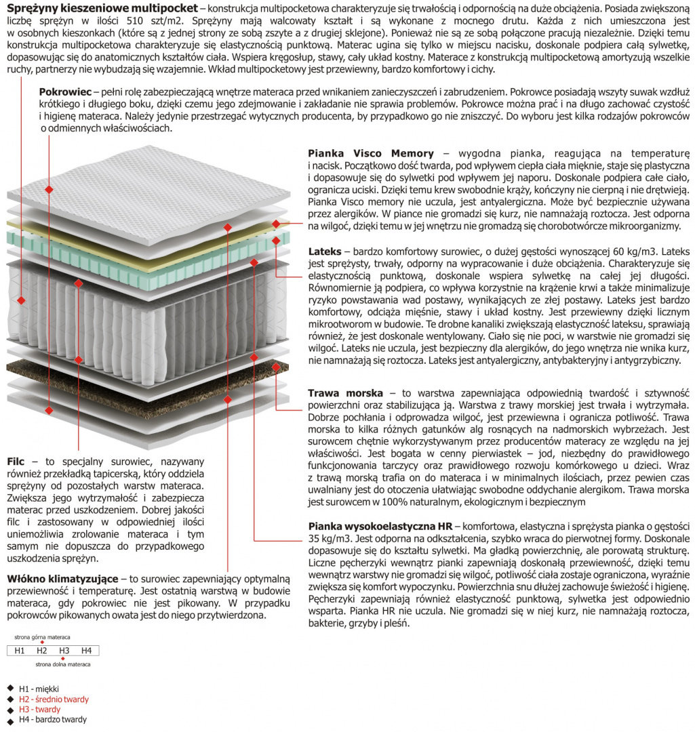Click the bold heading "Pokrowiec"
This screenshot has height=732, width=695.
(65, 91)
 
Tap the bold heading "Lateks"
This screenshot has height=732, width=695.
(324, 251)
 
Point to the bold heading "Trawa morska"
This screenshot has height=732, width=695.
(345, 393)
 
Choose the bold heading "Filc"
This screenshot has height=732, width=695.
(16, 462)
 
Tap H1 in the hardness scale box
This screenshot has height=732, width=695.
(20, 651)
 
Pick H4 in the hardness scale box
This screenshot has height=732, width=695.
(86, 651)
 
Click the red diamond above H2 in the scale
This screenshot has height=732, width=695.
(42, 643)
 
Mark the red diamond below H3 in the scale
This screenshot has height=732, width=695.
(64, 659)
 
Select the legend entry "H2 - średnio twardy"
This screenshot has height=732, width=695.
(54, 699)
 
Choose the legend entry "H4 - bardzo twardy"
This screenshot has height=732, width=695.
(53, 719)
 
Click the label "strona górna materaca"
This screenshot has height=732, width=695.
(42, 637)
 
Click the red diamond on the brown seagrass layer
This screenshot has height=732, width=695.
(277, 365)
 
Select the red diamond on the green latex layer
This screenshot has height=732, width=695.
(277, 240)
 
